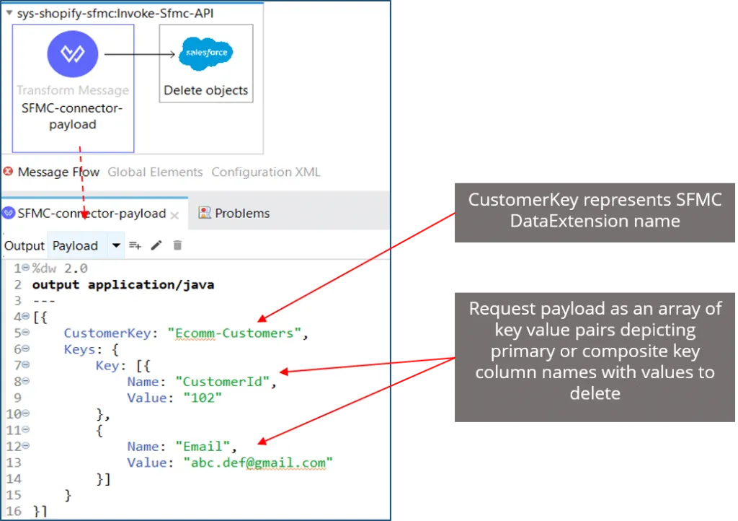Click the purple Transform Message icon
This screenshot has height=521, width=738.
pyautogui.click(x=73, y=54)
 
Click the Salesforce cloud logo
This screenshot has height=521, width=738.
pyautogui.click(x=205, y=54)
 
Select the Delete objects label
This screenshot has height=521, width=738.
pyautogui.click(x=205, y=91)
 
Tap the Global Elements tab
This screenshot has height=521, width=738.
pyautogui.click(x=155, y=172)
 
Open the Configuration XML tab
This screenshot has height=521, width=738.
pyautogui.click(x=265, y=172)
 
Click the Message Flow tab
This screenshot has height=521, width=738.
pyautogui.click(x=58, y=172)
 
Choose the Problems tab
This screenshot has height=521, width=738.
pyautogui.click(x=241, y=214)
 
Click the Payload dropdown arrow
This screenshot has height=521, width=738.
pyautogui.click(x=117, y=246)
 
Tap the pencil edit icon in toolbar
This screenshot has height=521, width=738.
pyautogui.click(x=156, y=246)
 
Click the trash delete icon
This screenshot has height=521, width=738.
pyautogui.click(x=177, y=246)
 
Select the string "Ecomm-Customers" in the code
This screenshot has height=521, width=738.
pyautogui.click(x=234, y=333)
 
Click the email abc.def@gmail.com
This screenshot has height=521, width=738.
pyautogui.click(x=258, y=463)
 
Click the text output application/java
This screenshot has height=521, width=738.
pyautogui.click(x=123, y=285)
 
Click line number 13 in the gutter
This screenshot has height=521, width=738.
pyautogui.click(x=14, y=463)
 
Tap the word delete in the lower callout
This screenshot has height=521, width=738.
pyautogui.click(x=595, y=393)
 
